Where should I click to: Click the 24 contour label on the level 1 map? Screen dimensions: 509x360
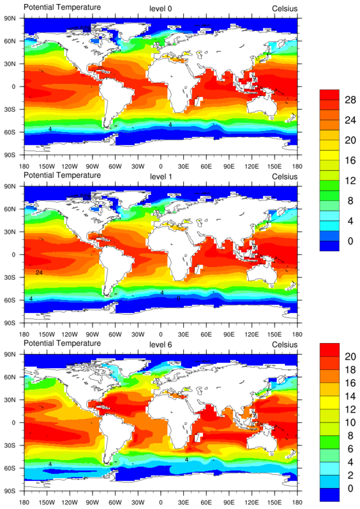pyautogui.click(x=39, y=272)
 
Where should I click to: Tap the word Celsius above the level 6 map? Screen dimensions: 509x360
pyautogui.click(x=284, y=344)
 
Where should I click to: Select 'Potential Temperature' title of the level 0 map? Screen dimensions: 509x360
pyautogui.click(x=62, y=8)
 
